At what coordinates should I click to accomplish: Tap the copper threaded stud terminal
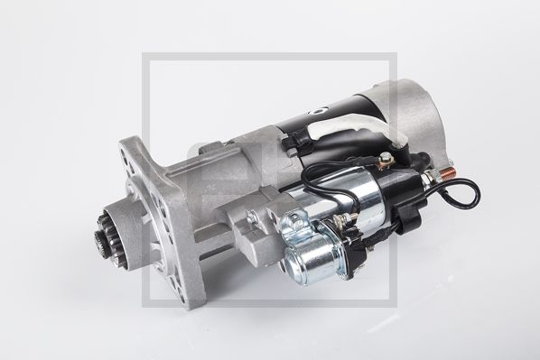[447, 170]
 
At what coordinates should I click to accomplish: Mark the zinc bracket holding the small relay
[298, 226]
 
